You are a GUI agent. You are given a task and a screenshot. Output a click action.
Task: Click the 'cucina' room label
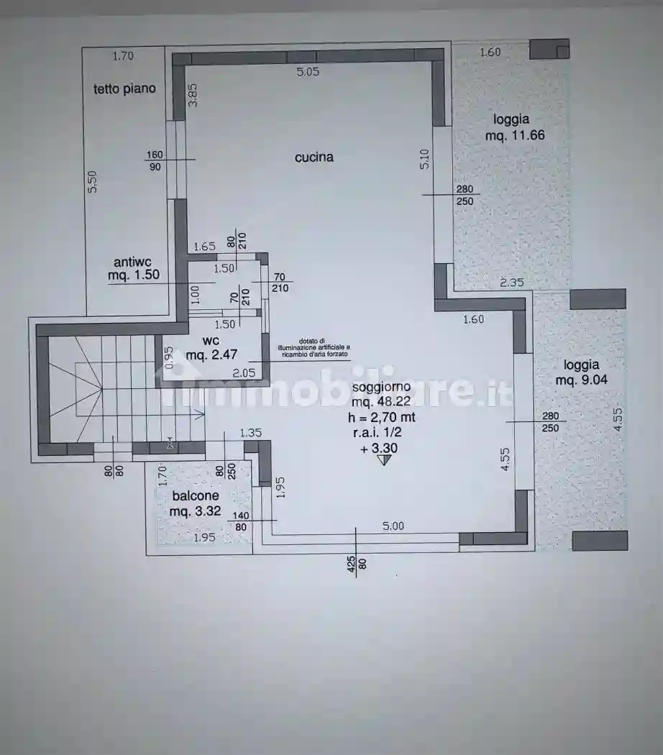[x=314, y=157]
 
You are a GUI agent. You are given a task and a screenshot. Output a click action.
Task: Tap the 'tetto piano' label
[x=124, y=89]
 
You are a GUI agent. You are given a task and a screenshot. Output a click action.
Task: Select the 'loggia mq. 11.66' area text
[x=511, y=127]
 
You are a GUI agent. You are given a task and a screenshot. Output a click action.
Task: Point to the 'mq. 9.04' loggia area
[x=581, y=380]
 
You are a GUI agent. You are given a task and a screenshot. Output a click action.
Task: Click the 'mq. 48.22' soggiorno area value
[x=383, y=403]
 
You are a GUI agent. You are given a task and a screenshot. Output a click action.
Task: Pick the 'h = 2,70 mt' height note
[x=383, y=418]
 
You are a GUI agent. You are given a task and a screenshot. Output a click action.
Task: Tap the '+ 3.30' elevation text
[x=380, y=448]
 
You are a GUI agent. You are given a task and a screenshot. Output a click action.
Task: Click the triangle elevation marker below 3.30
[x=383, y=460]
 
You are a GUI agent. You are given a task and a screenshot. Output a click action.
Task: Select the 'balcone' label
[x=195, y=496]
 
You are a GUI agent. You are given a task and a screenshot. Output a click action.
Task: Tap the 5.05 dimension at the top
[x=308, y=71]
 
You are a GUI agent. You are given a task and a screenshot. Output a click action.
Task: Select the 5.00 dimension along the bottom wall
[x=393, y=526]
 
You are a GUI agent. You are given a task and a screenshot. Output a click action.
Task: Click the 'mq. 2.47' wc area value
[x=211, y=355]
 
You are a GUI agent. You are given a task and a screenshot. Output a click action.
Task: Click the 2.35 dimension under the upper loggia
[x=511, y=283]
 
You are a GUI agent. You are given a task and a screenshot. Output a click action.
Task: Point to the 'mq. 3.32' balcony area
[x=195, y=512]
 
